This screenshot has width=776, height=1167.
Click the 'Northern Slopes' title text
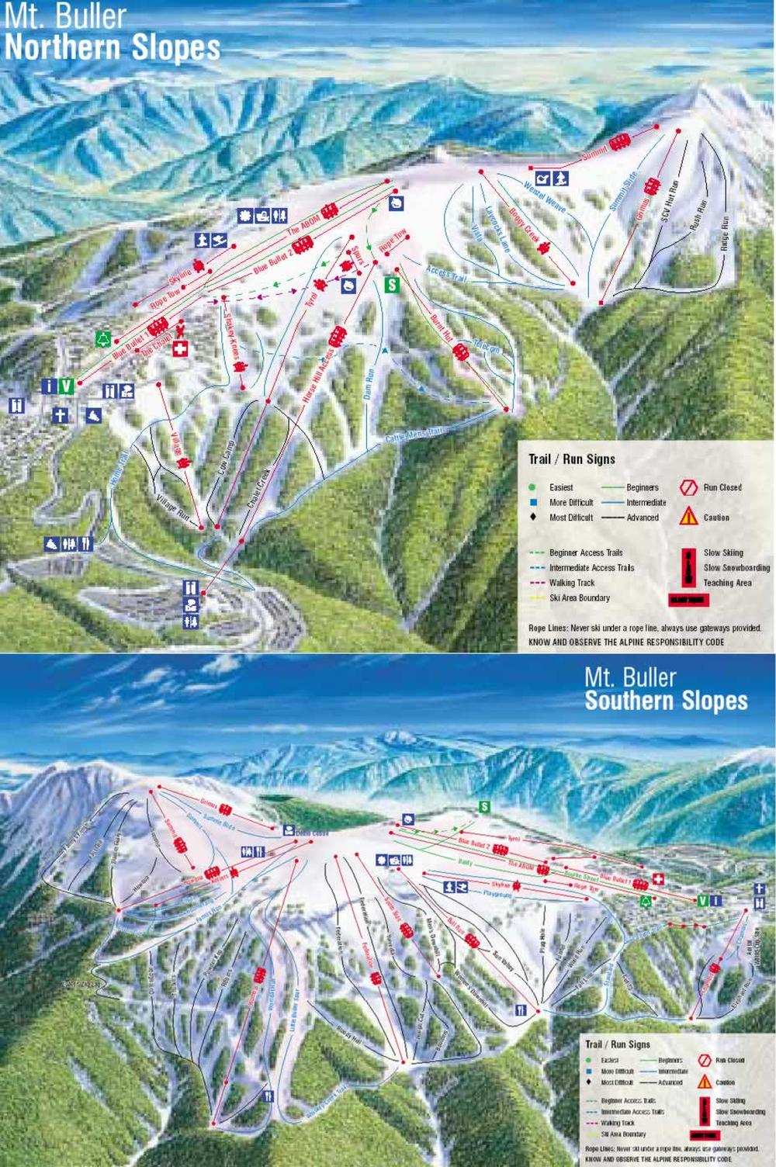click(113, 48)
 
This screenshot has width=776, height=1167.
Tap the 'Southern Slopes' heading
click(666, 701)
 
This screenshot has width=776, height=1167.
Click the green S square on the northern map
click(393, 285)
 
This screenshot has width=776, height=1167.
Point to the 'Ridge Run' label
click(726, 230)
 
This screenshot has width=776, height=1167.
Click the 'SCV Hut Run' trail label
click(669, 202)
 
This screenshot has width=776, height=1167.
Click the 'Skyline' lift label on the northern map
click(179, 279)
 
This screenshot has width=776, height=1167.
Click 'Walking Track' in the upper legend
click(572, 583)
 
